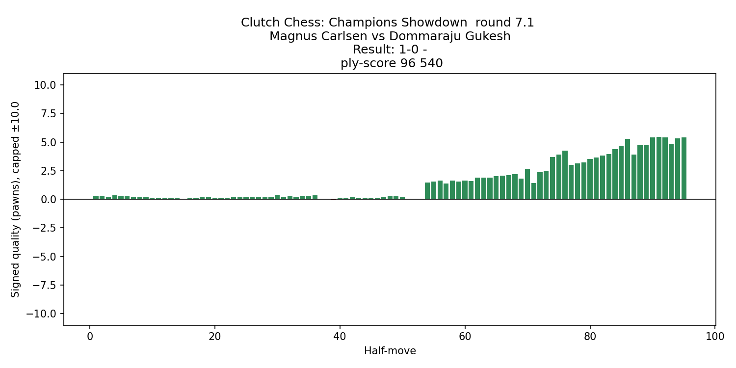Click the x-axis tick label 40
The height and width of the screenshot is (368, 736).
(340, 337)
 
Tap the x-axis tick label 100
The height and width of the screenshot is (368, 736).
(714, 337)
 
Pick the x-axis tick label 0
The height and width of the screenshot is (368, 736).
(90, 337)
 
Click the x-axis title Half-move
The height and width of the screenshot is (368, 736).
(390, 351)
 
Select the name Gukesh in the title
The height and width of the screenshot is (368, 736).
(488, 36)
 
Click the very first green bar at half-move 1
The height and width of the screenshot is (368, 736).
(96, 197)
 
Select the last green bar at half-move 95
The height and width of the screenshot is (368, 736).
(683, 168)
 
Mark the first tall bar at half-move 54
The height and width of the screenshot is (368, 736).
(427, 191)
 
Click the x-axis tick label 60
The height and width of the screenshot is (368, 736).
(465, 337)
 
